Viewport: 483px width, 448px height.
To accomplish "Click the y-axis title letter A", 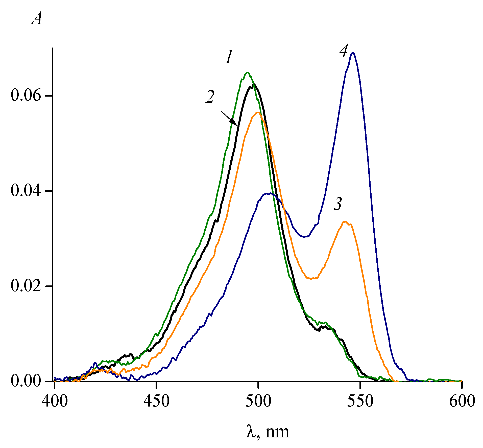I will click(x=37, y=19).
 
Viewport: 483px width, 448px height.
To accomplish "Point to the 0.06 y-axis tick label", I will click(x=26, y=96).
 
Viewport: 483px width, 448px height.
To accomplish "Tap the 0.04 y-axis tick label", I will click(x=26, y=191).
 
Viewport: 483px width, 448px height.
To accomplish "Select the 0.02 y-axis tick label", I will click(x=26, y=286).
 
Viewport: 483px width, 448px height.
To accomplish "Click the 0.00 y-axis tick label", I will click(x=26, y=381).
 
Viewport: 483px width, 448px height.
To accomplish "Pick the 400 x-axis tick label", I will click(x=55, y=401).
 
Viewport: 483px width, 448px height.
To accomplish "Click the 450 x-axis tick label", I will click(x=157, y=401).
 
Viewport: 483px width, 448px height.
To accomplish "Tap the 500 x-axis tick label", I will click(x=258, y=401).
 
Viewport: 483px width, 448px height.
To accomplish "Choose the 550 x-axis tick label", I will click(x=360, y=401).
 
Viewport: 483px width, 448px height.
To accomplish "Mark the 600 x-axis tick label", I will click(x=462, y=401).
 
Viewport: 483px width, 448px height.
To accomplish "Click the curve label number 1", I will click(x=229, y=57).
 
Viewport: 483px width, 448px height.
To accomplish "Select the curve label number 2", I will click(x=210, y=97).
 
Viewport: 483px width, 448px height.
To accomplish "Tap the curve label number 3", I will click(x=338, y=204).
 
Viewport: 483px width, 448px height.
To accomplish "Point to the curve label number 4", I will click(x=344, y=51).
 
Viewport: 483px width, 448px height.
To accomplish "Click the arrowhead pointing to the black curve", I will click(x=234, y=122).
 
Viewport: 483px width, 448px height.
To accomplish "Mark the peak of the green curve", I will click(x=248, y=73).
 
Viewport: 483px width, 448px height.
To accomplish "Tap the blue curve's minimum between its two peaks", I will click(x=305, y=237).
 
